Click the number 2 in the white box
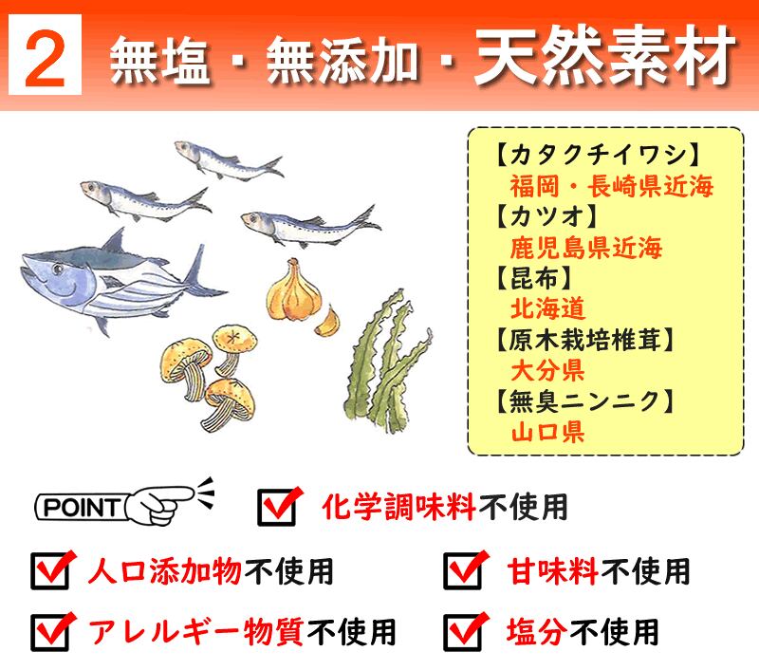point(45,59)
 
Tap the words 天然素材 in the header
point(604,57)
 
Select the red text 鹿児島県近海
point(586,248)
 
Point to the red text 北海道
point(548,308)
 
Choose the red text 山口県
point(548,432)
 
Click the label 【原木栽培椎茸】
point(584,340)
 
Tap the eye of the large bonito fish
point(58,268)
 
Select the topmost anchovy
point(229,159)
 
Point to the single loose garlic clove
point(327,322)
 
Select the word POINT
point(82,508)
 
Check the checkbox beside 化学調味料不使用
point(277,507)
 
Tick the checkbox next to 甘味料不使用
point(463,570)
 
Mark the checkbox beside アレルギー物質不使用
point(50,632)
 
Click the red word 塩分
point(537,632)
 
